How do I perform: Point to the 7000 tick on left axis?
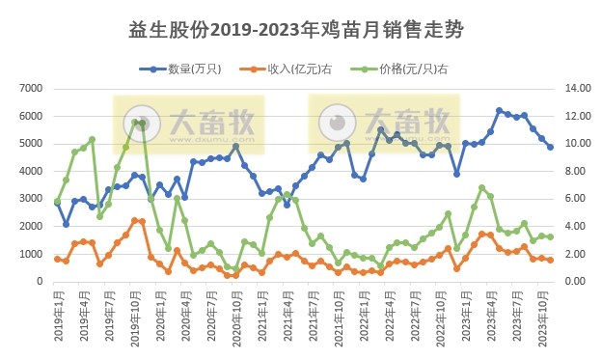pyautogui.click(x=33, y=89)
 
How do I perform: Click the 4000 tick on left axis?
pyautogui.click(x=33, y=172)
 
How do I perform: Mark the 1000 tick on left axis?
pyautogui.click(x=33, y=255)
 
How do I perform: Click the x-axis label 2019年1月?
pyautogui.click(x=57, y=315)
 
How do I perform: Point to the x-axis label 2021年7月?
pyautogui.click(x=313, y=315)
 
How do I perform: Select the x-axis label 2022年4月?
pyautogui.click(x=389, y=315)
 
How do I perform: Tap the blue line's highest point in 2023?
pyautogui.click(x=499, y=111)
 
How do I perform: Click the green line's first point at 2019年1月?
pyautogui.click(x=57, y=202)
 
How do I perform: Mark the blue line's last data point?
pyautogui.click(x=550, y=147)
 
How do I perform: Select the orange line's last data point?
pyautogui.click(x=550, y=260)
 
